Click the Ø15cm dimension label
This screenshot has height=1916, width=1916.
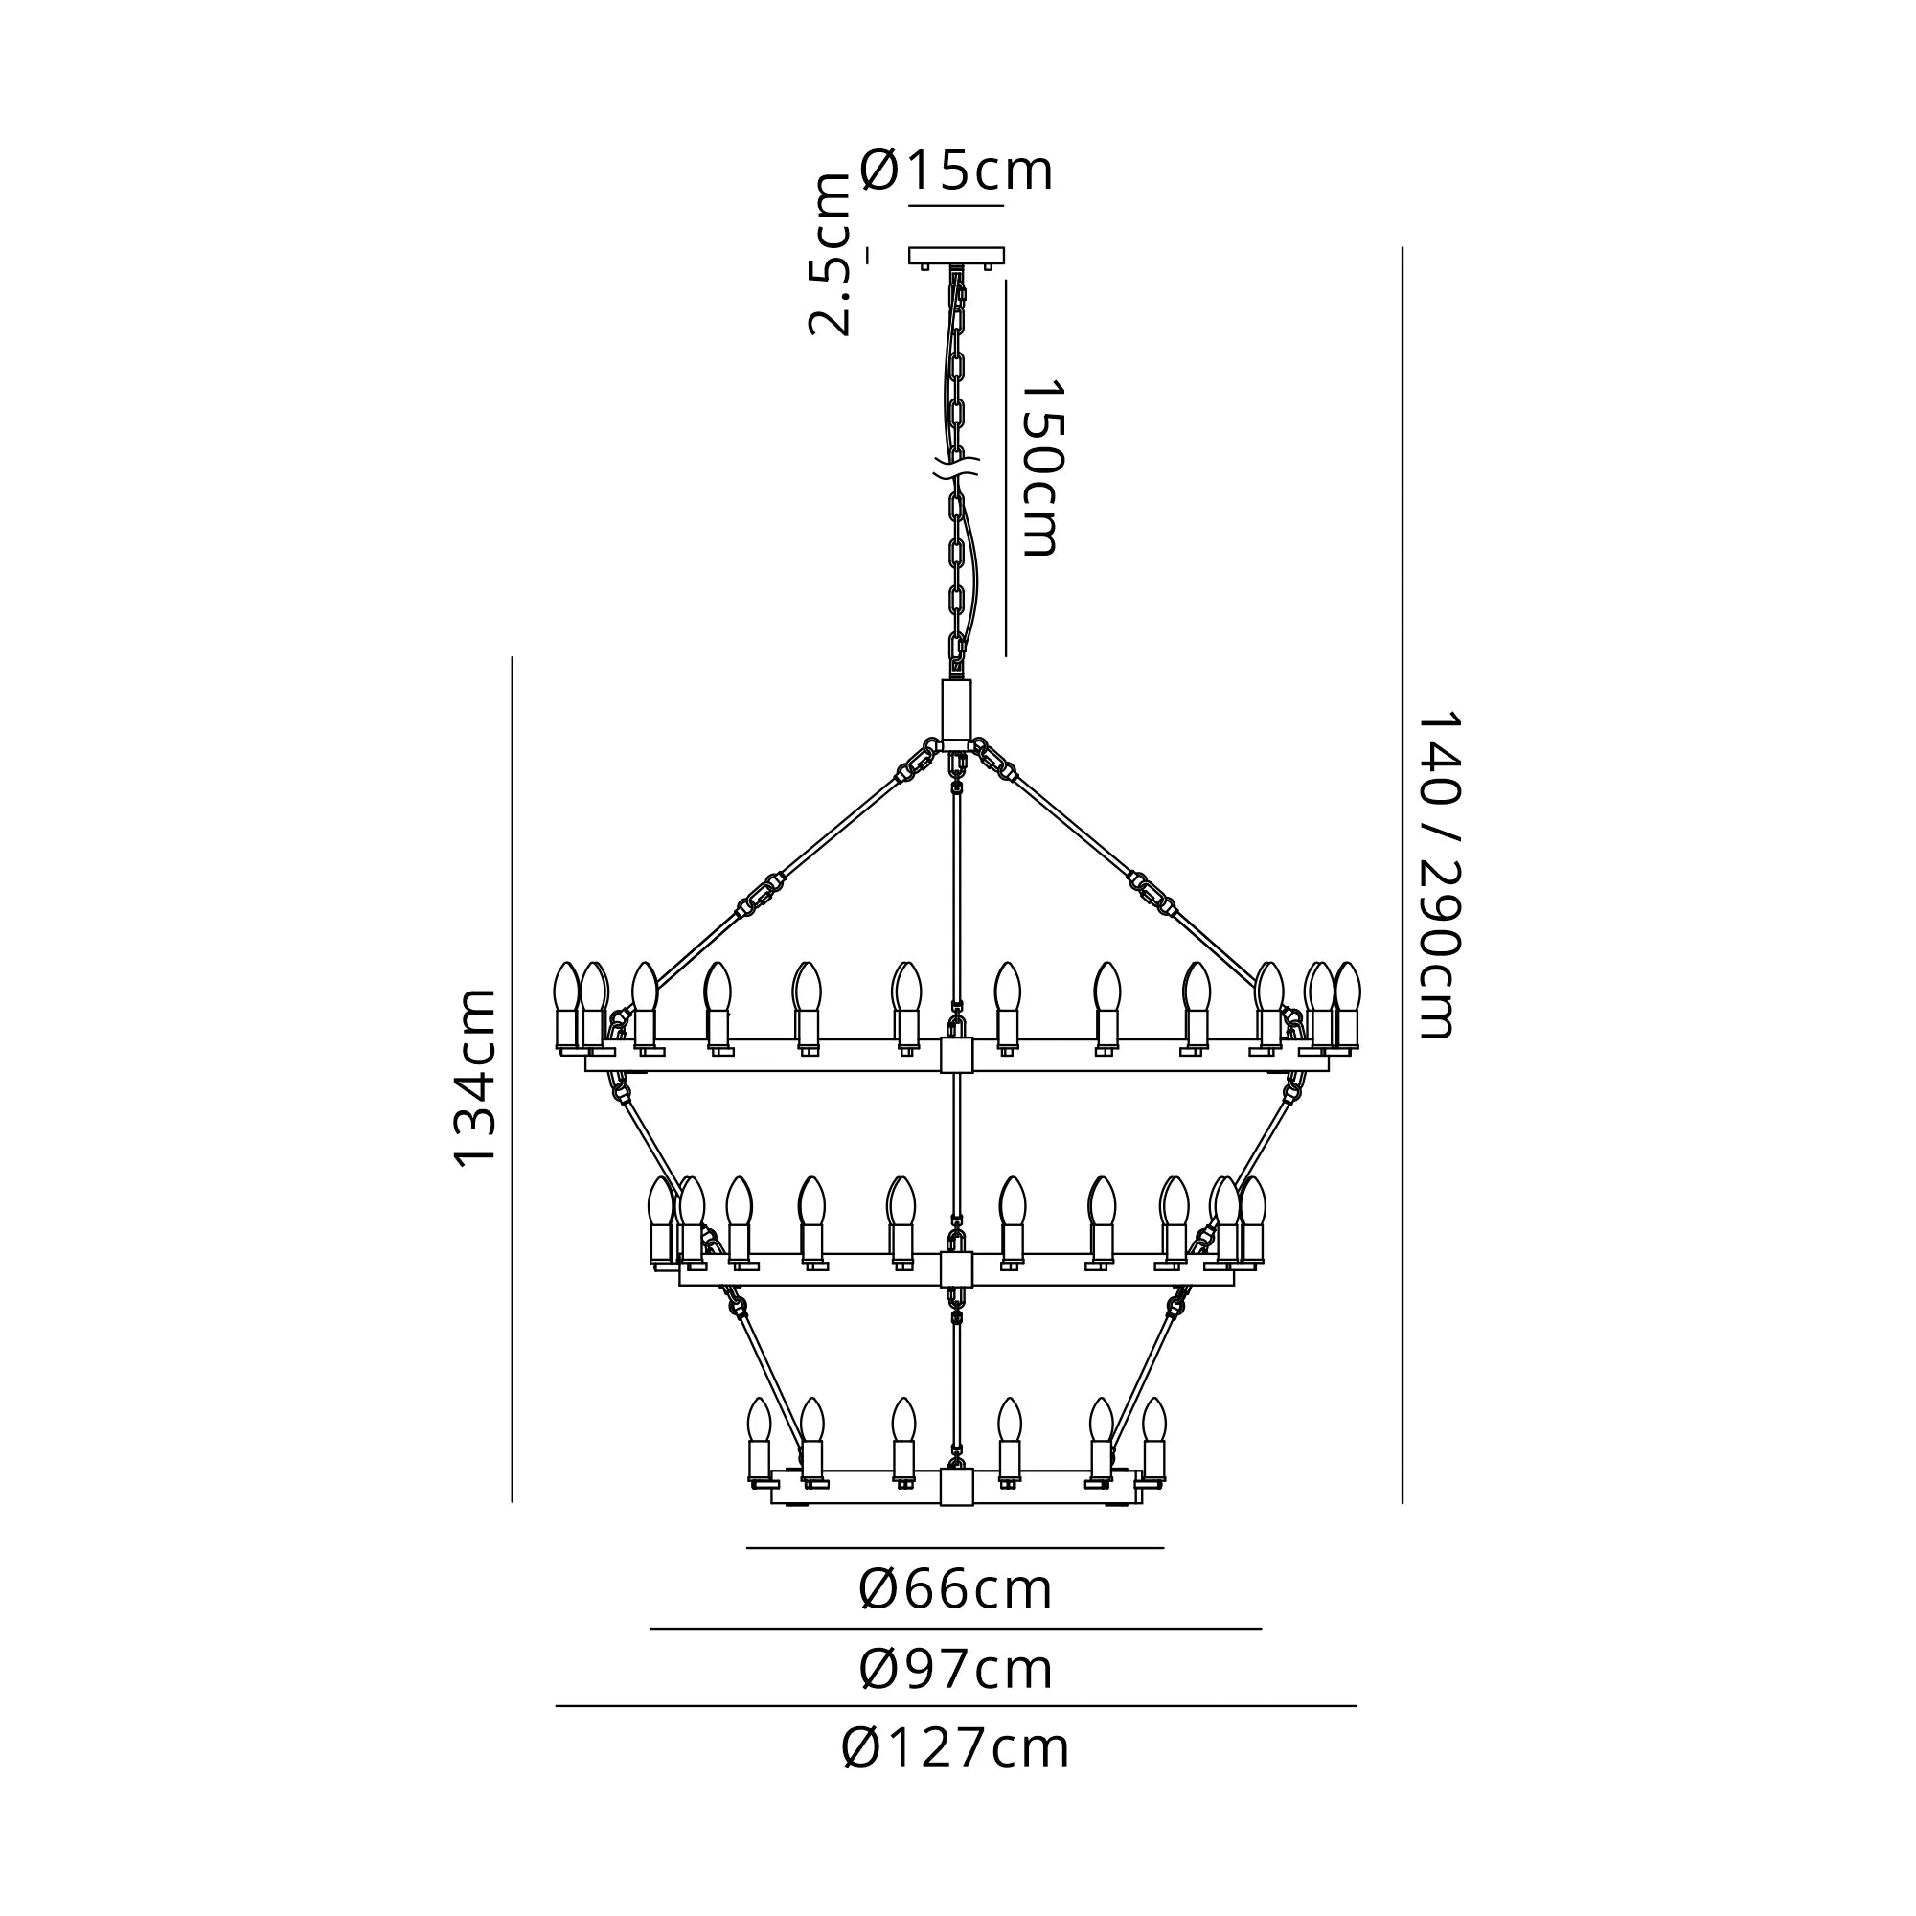pyautogui.click(x=956, y=171)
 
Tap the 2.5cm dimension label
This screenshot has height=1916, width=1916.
pyautogui.click(x=829, y=256)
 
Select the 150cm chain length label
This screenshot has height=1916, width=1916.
pyautogui.click(x=1040, y=468)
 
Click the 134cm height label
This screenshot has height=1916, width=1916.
pyautogui.click(x=474, y=1078)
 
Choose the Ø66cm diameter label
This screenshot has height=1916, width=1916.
pyautogui.click(x=956, y=1589)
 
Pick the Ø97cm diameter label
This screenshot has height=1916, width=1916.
pyautogui.click(x=956, y=1669)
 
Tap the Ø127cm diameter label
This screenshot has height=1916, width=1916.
pyautogui.click(x=956, y=1748)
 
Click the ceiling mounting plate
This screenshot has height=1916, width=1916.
pyautogui.click(x=956, y=256)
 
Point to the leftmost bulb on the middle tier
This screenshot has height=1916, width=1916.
pyautogui.click(x=660, y=1202)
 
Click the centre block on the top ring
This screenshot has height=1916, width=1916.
pyautogui.click(x=957, y=1055)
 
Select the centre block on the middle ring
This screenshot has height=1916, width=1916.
pyautogui.click(x=957, y=1269)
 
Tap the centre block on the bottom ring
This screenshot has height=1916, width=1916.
pyautogui.click(x=957, y=1488)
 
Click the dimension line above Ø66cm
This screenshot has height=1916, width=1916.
pyautogui.click(x=956, y=1547)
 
